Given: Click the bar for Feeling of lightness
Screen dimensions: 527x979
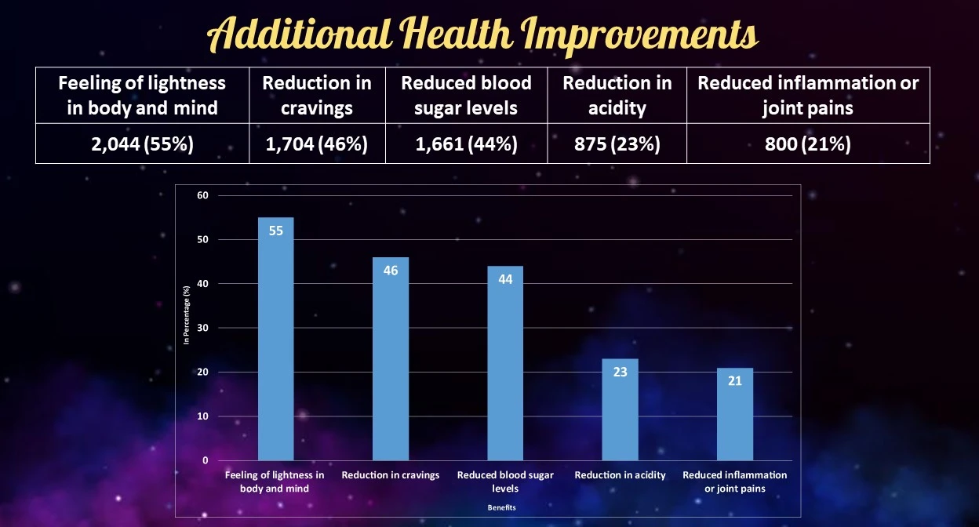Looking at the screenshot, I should (275, 339).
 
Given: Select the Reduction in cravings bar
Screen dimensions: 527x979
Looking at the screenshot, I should (391, 358).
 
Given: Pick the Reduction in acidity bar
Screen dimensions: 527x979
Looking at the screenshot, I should (620, 409).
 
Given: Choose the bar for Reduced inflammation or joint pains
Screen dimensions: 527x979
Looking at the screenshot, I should (735, 414).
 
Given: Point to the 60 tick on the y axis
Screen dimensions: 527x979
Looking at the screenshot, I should (202, 195).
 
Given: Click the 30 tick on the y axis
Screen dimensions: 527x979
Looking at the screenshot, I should (202, 328).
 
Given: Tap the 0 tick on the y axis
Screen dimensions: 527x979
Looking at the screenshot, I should (206, 460).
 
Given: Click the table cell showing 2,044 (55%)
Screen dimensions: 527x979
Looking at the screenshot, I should (142, 144).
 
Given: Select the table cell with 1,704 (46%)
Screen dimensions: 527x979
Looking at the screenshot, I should (317, 144).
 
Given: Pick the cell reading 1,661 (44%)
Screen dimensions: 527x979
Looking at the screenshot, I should (466, 144).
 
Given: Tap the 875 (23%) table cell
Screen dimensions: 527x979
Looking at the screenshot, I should (617, 144).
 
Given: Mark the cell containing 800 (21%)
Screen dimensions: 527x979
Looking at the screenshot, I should (808, 144).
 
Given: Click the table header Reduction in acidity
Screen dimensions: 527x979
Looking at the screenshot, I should (617, 95).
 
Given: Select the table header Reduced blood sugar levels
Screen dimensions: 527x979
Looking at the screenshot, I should (466, 95).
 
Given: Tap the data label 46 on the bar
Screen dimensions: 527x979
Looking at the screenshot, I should (391, 271).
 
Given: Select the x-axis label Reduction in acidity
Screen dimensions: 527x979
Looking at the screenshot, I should (620, 475).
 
